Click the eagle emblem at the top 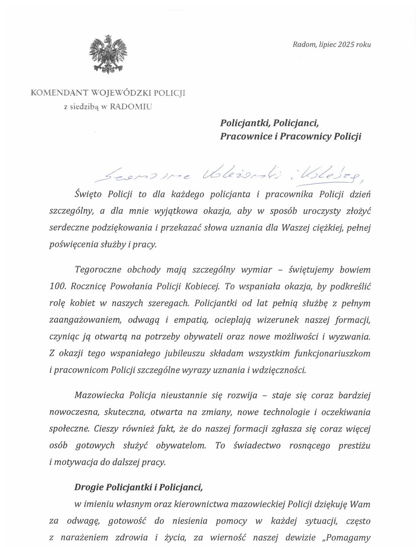pos(108,53)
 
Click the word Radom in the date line pos(302,45)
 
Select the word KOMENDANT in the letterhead pos(59,93)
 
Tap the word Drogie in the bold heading pos(89,487)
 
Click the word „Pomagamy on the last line pos(346,537)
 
